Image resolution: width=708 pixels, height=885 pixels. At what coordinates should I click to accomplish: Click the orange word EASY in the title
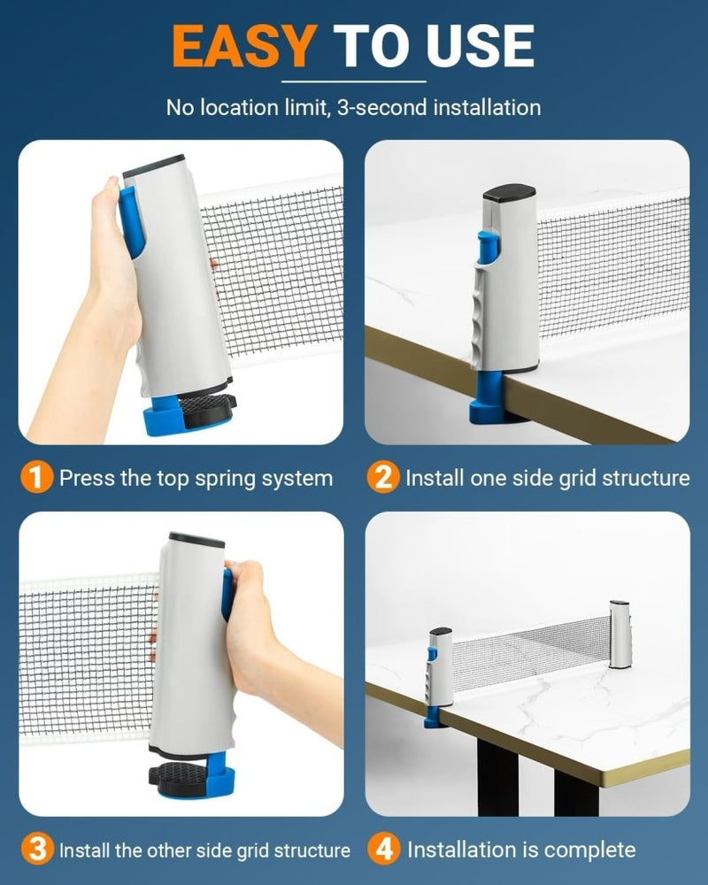click(x=244, y=46)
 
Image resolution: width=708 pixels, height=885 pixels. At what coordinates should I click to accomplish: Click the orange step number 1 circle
click(x=36, y=478)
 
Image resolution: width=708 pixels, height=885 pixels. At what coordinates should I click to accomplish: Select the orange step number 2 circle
click(x=383, y=478)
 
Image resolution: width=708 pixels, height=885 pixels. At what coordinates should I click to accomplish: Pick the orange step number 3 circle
click(x=37, y=849)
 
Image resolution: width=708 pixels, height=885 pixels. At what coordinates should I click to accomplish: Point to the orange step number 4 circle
click(x=384, y=849)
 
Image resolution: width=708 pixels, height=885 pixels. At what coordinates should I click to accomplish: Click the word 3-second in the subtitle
click(x=382, y=107)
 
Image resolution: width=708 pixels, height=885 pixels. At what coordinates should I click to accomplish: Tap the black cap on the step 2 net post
click(x=509, y=192)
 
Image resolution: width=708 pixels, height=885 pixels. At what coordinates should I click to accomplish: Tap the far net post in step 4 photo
click(x=619, y=635)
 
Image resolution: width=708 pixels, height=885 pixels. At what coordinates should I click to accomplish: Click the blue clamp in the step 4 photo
click(x=432, y=716)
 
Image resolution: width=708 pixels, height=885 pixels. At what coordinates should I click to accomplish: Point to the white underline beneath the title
click(x=353, y=81)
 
